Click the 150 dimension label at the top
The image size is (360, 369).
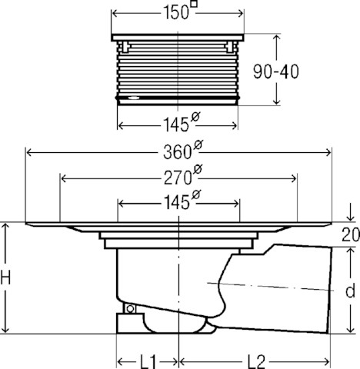pyautogui.click(x=176, y=13)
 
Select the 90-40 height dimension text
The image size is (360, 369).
pyautogui.click(x=276, y=71)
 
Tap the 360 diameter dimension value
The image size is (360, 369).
pyautogui.click(x=177, y=152)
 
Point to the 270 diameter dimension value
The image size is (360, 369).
pyautogui.click(x=178, y=178)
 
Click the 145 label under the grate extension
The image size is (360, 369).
pyautogui.click(x=176, y=125)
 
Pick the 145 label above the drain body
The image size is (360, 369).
pyautogui.click(x=176, y=202)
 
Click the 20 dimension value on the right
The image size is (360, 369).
pyautogui.click(x=351, y=234)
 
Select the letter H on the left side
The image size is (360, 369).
pyautogui.click(x=5, y=278)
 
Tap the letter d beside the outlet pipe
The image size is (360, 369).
pyautogui.click(x=350, y=290)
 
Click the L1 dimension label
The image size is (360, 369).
pyautogui.click(x=148, y=362)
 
